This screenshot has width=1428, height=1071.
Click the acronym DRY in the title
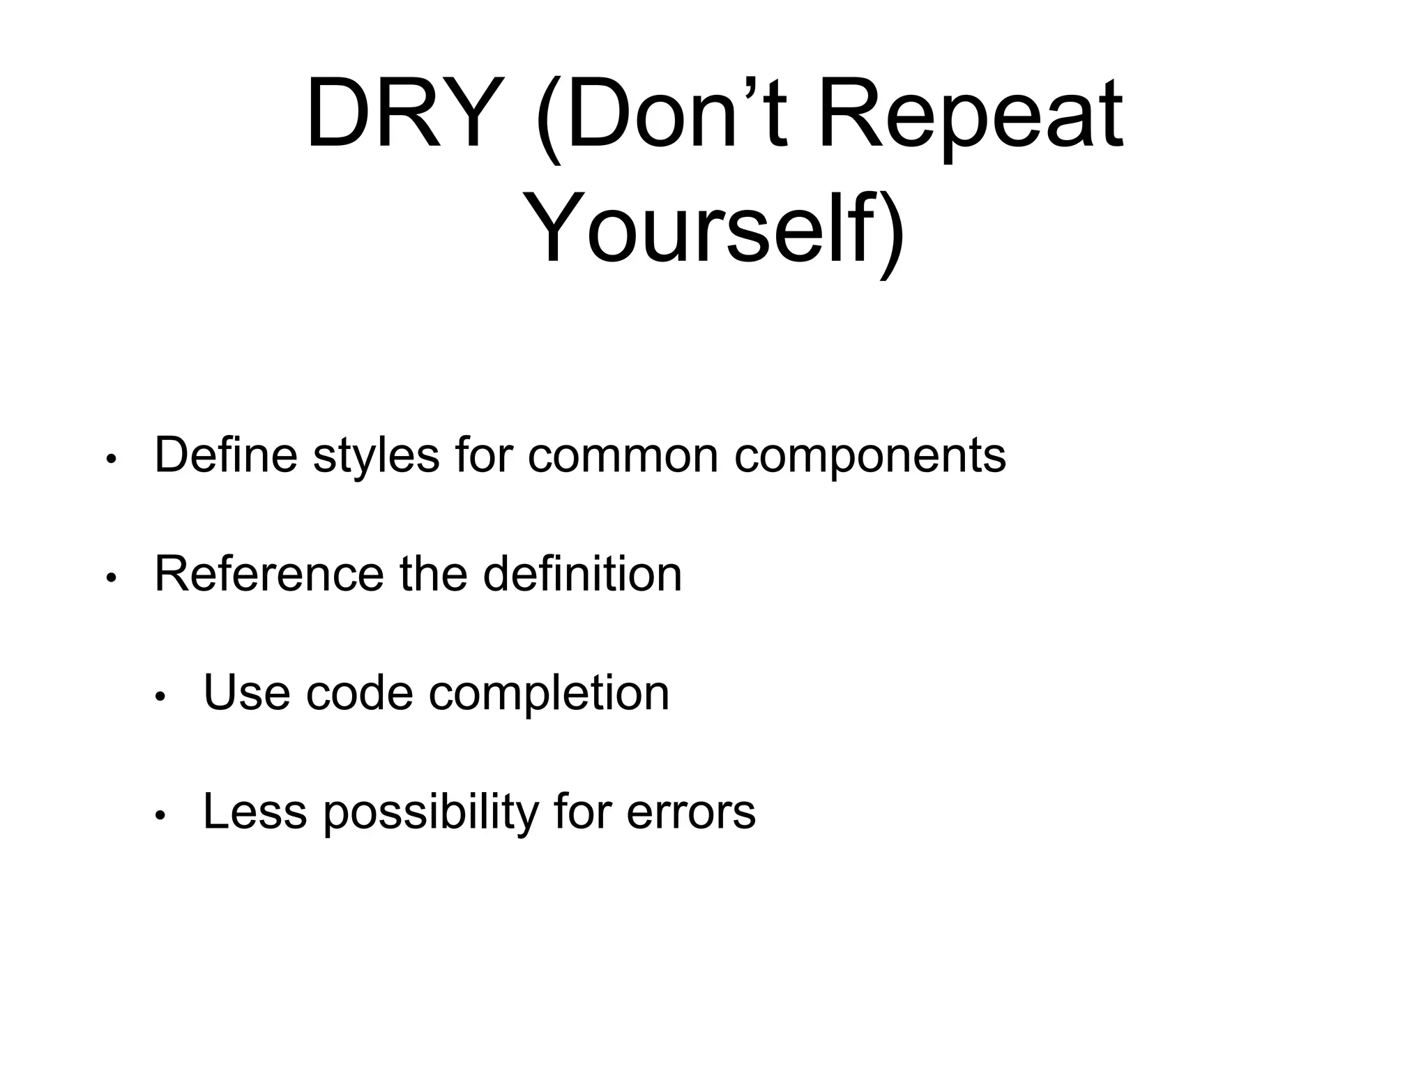tap(395, 114)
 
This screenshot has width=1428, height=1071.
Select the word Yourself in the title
tap(704, 229)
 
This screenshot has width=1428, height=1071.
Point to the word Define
tap(226, 455)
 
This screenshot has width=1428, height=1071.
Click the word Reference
tap(269, 574)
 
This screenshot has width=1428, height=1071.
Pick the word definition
tap(582, 574)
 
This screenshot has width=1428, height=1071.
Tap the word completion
tap(549, 694)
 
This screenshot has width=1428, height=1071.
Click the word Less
tap(255, 811)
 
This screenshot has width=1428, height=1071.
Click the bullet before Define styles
tap(110, 460)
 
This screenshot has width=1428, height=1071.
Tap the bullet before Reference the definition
tap(110, 579)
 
